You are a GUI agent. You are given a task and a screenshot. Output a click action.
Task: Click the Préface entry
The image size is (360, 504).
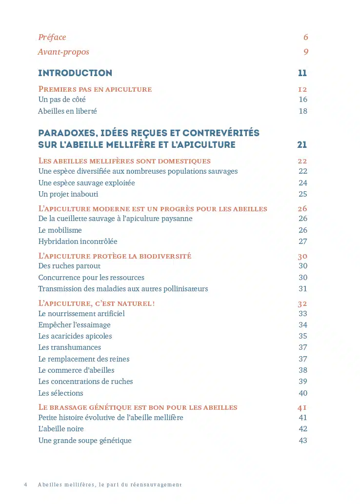point(52,38)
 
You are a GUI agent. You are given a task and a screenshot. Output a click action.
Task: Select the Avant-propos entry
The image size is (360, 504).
point(63,52)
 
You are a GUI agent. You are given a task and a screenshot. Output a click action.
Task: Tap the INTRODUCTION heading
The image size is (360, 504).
point(75,73)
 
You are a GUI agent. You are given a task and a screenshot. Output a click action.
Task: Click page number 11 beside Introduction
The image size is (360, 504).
point(302,73)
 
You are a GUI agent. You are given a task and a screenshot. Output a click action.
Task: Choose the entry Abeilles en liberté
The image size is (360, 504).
point(67,111)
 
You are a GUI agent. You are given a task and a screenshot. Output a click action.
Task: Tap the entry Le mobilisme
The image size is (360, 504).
point(60,230)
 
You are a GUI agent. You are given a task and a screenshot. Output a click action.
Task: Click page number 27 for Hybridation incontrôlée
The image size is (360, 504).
point(303,242)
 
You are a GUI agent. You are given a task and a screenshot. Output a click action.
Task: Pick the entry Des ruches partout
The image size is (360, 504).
point(69,266)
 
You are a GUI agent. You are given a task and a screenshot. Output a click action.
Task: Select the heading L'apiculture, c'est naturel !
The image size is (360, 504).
point(97,303)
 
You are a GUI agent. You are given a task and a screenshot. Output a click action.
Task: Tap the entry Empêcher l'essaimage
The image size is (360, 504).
point(74,325)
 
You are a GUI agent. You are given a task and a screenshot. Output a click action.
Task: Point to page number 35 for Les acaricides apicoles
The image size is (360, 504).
point(303,336)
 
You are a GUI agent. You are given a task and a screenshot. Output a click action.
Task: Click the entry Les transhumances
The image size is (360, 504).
point(69,347)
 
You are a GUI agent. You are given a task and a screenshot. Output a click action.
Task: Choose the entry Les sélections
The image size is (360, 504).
point(60,393)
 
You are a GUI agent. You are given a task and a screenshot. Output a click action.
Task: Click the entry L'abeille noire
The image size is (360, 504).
point(61,429)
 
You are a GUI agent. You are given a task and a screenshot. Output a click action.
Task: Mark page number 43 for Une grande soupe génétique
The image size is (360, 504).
point(303,441)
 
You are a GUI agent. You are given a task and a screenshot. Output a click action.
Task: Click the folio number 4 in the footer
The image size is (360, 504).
point(25,485)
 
